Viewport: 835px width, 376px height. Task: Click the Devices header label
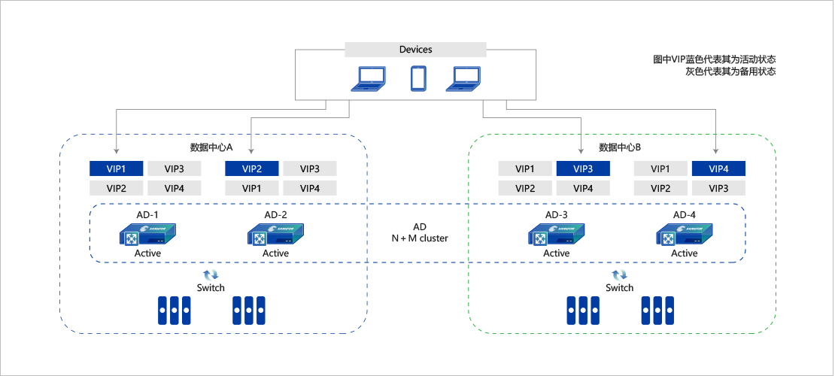click(415, 50)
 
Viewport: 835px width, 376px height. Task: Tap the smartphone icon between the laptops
click(418, 79)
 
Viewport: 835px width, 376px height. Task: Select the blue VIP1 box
click(115, 168)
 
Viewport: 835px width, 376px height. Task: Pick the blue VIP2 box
click(252, 168)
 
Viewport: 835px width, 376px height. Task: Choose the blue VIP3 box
click(583, 168)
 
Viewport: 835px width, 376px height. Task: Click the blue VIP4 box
click(718, 168)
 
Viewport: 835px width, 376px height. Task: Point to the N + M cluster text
click(419, 238)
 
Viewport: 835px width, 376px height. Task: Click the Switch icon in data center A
click(211, 275)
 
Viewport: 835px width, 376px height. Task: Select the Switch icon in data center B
click(619, 275)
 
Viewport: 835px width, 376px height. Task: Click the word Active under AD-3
click(557, 253)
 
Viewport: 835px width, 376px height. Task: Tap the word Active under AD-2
click(275, 253)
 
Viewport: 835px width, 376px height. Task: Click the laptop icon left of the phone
click(369, 78)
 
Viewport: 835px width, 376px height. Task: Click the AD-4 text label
click(685, 216)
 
